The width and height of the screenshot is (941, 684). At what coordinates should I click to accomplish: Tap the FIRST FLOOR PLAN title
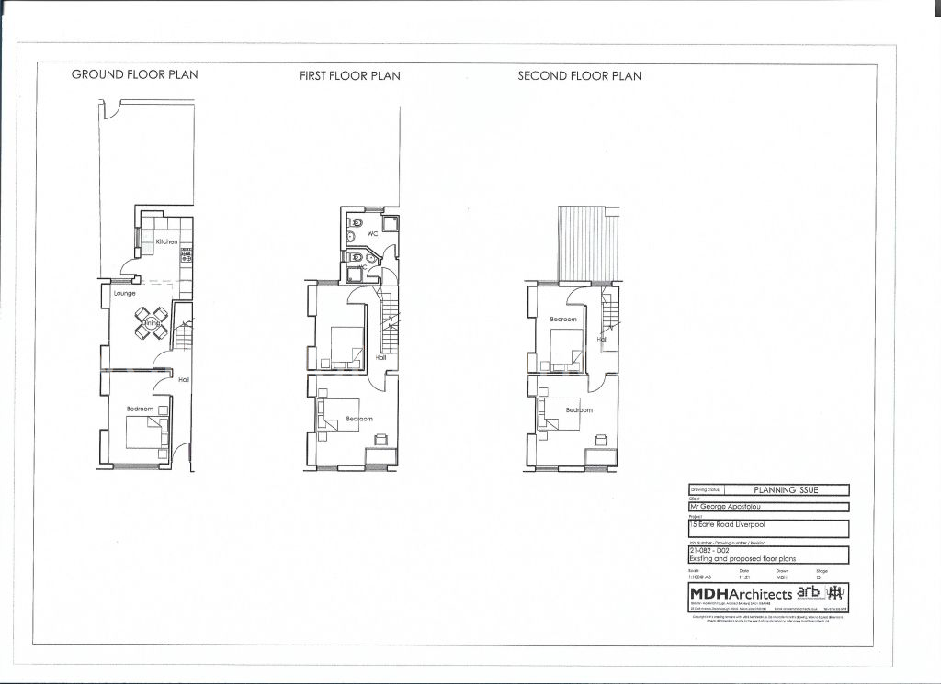coord(349,76)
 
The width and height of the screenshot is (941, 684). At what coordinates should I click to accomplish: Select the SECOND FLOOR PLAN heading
coord(579,76)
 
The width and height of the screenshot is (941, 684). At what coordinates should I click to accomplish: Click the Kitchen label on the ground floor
coord(166,241)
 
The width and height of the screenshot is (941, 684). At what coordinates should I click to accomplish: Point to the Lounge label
coord(125,293)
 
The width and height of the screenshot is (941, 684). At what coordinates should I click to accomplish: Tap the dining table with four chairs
coord(151,321)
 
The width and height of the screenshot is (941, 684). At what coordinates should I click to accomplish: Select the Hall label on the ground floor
coord(184,379)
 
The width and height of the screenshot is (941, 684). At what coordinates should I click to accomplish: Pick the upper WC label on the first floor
coord(373,234)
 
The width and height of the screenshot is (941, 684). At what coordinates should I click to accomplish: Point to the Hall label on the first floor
coord(380,359)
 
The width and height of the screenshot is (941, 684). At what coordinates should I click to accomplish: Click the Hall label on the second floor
coord(602,339)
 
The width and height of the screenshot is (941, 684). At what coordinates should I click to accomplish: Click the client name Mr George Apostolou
coord(721,506)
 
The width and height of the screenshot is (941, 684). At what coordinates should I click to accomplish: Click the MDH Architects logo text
coord(741,593)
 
